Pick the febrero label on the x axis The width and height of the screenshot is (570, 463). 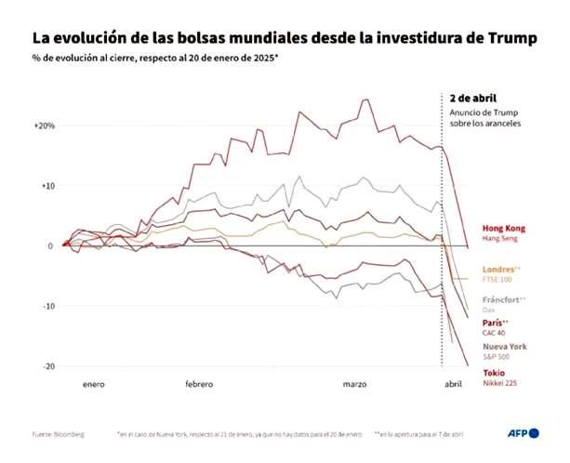(x=199, y=383)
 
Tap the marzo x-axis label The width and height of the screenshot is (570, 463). (x=354, y=383)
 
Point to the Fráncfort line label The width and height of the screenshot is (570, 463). (x=504, y=299)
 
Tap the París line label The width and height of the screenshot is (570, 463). (x=495, y=323)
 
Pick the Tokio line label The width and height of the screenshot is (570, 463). (x=494, y=372)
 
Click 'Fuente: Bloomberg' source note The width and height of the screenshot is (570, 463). (x=57, y=434)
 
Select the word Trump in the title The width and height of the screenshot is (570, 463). (x=511, y=39)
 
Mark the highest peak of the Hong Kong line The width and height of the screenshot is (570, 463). (x=365, y=99)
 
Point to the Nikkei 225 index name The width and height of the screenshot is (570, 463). (x=500, y=382)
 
